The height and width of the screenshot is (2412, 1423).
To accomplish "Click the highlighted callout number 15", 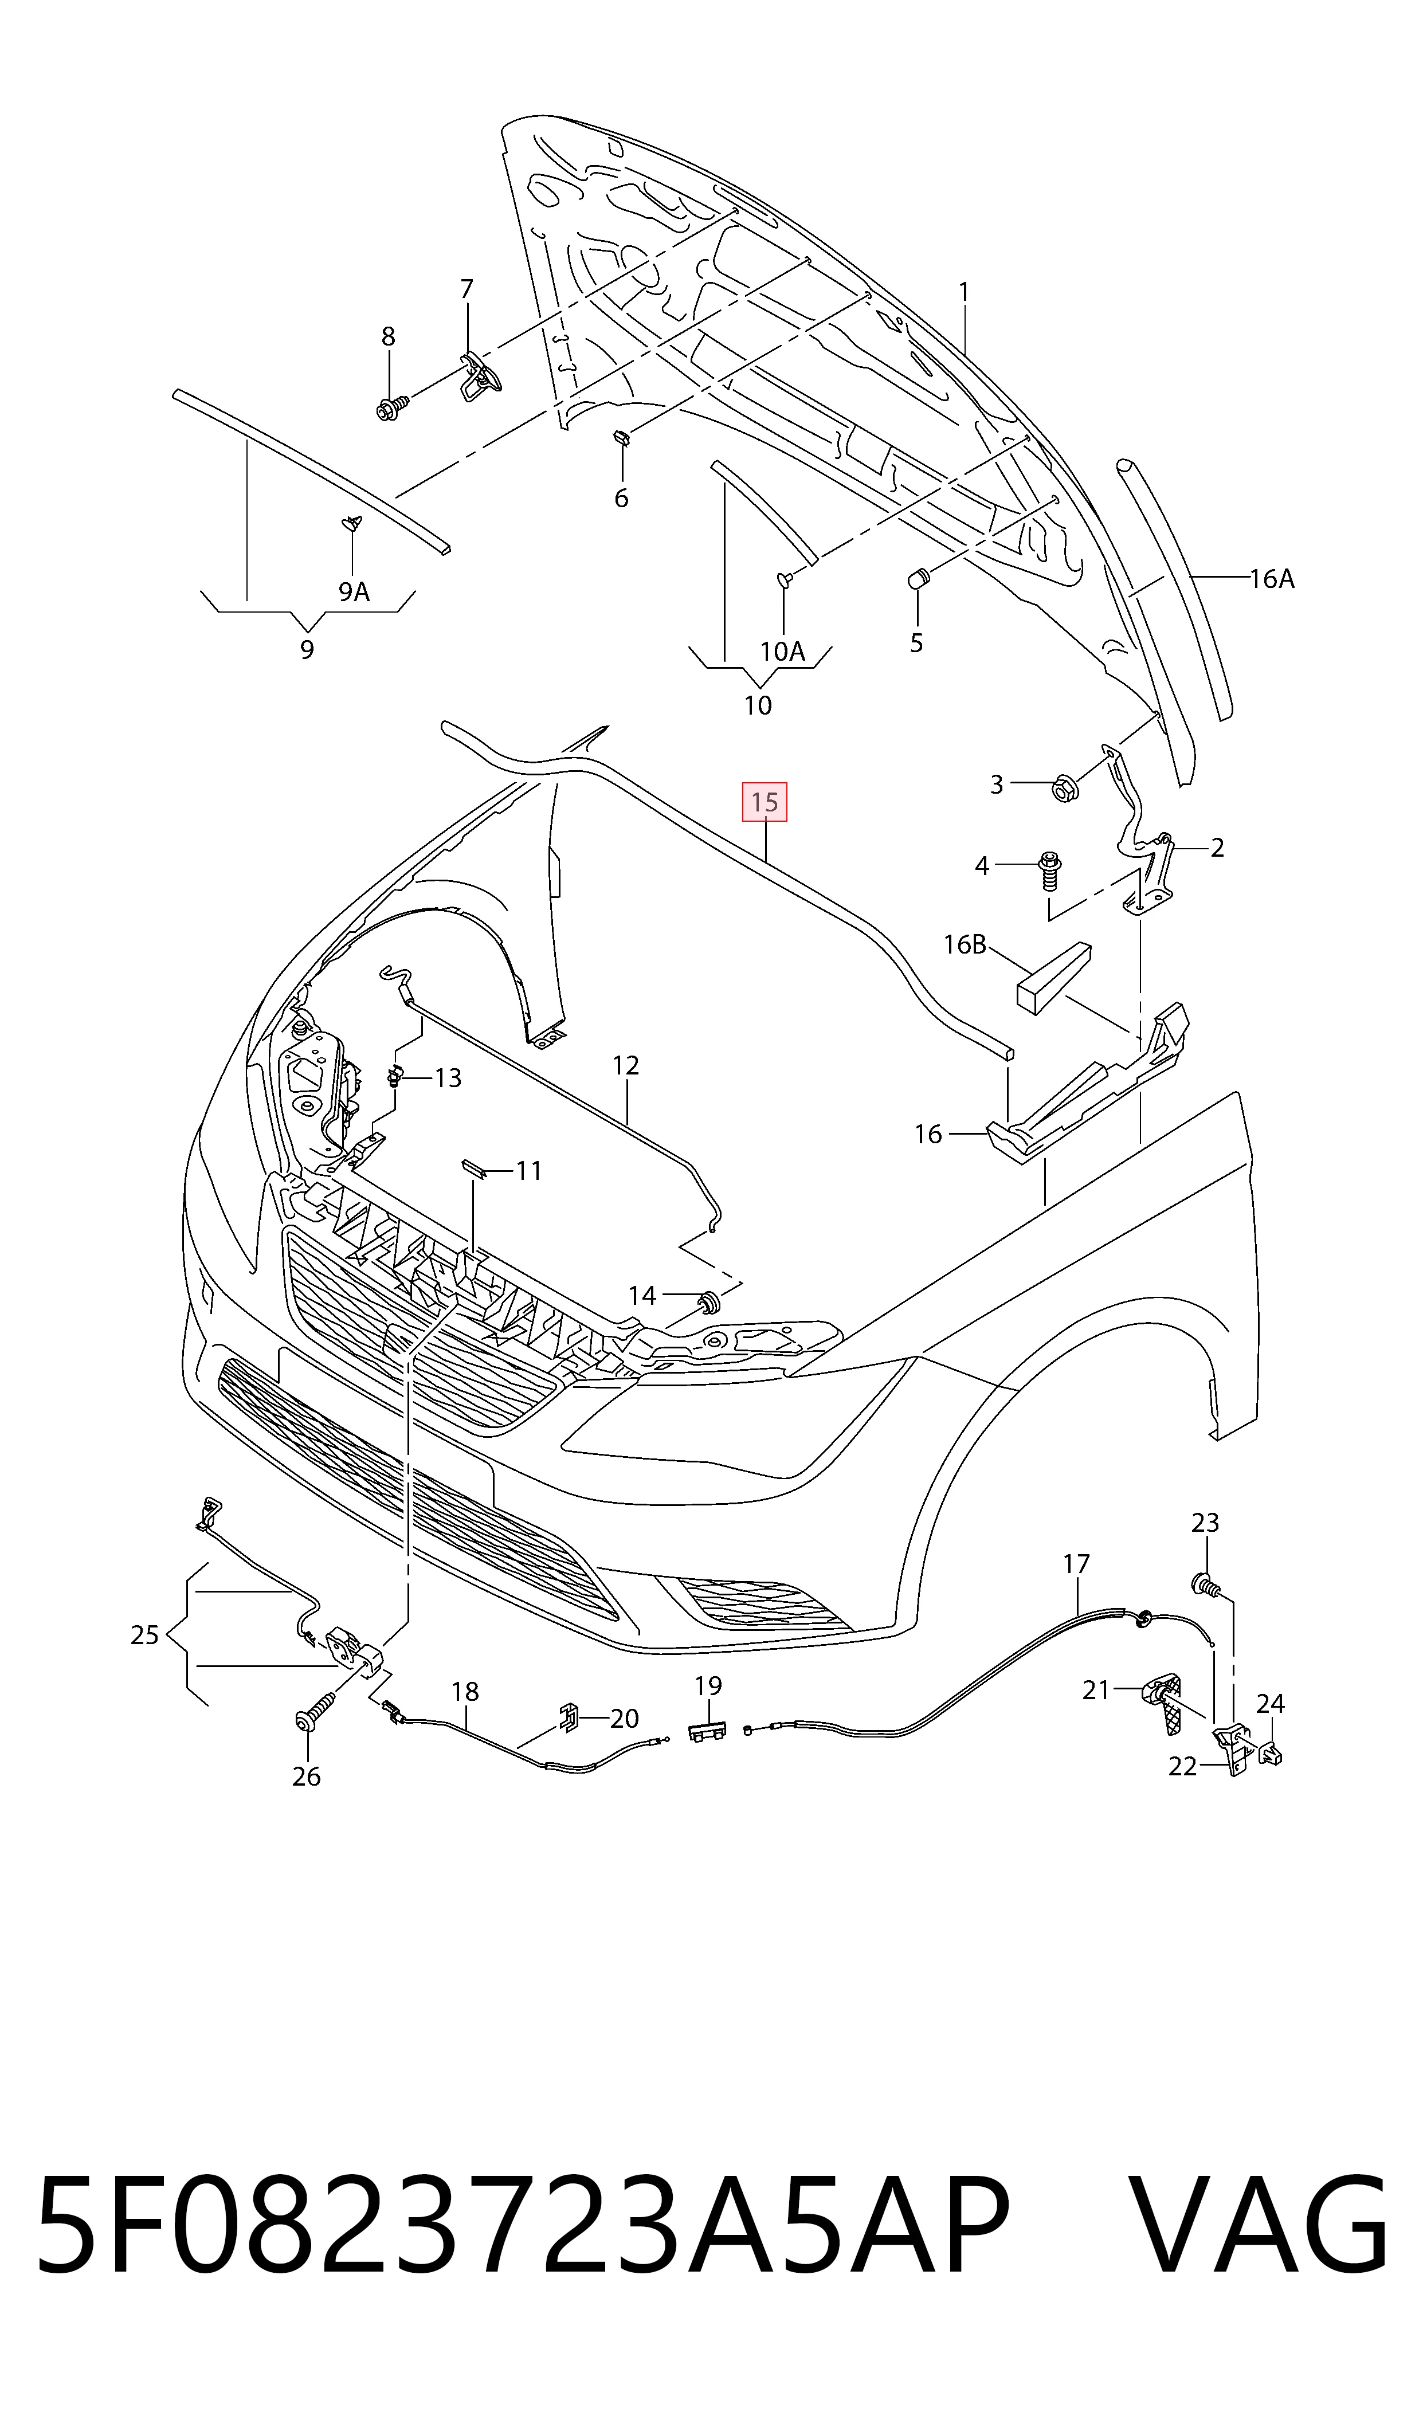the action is pos(765,802).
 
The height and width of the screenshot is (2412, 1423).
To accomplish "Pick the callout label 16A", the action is pos(1272,578).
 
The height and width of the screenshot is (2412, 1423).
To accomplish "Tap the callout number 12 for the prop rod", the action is pos(625,1065).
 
